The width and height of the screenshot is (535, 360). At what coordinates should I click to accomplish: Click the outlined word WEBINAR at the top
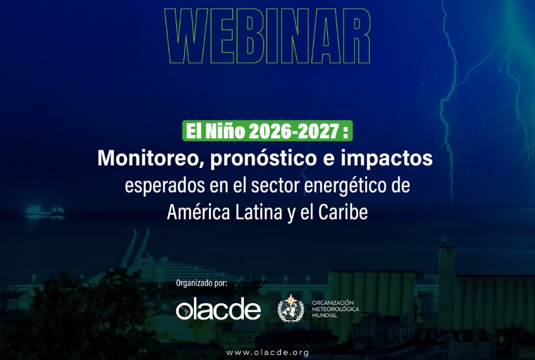pos(268,36)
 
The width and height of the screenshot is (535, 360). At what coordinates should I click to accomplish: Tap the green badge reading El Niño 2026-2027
pos(267,131)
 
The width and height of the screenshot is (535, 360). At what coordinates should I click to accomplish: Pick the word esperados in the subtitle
pos(165,186)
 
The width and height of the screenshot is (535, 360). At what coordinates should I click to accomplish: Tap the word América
pos(198,212)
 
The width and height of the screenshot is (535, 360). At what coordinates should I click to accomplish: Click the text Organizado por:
pos(201,283)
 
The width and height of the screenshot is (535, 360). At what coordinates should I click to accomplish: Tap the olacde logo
pos(219,309)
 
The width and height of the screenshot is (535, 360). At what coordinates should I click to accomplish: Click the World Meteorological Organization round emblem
pos(291,308)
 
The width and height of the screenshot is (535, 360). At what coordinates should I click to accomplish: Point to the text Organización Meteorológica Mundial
pos(335,309)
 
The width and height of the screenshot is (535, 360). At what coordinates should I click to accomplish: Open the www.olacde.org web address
pos(268,352)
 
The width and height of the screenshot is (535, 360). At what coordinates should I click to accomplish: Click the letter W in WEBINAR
pos(186,36)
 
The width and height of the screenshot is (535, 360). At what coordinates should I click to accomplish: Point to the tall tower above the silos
pos(447,287)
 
